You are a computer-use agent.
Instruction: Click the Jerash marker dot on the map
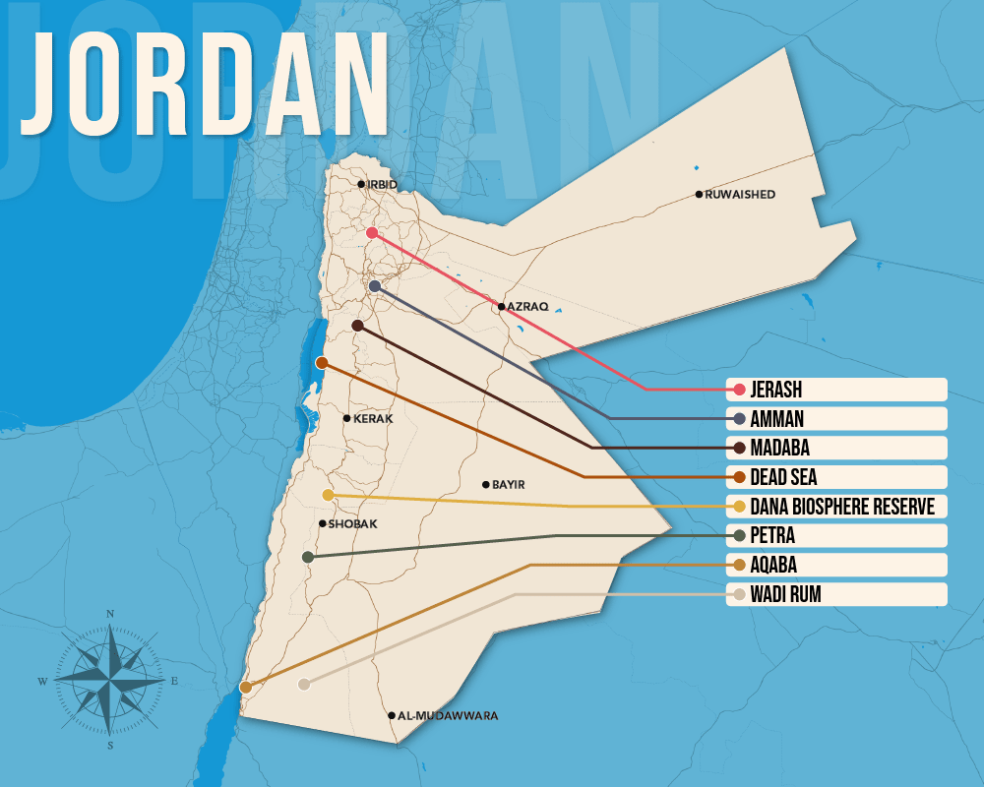coord(372,232)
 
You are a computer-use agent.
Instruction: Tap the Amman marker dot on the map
coord(375,285)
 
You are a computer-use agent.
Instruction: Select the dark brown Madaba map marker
coord(357,325)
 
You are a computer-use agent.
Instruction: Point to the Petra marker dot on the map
coord(308,557)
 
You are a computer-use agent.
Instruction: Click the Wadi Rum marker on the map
coord(304,684)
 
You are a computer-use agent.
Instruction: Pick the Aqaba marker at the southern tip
coord(245,687)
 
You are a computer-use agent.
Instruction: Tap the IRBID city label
coord(382,184)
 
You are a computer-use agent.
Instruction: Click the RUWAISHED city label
coord(740,195)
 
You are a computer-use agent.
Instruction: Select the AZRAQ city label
coord(526,307)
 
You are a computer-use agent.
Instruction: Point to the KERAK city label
coord(373,419)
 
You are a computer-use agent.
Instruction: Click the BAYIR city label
coord(508,485)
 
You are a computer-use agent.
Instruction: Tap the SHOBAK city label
coord(352,524)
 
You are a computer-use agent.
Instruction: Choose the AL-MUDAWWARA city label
coord(448,716)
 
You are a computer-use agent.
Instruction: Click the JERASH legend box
coord(836,390)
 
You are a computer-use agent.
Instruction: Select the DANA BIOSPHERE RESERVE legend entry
coord(836,507)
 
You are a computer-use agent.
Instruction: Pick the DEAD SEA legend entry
coord(836,477)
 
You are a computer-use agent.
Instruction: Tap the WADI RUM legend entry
coord(836,594)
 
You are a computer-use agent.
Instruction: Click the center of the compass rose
coord(110,680)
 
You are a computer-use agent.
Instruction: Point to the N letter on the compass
coord(110,615)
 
